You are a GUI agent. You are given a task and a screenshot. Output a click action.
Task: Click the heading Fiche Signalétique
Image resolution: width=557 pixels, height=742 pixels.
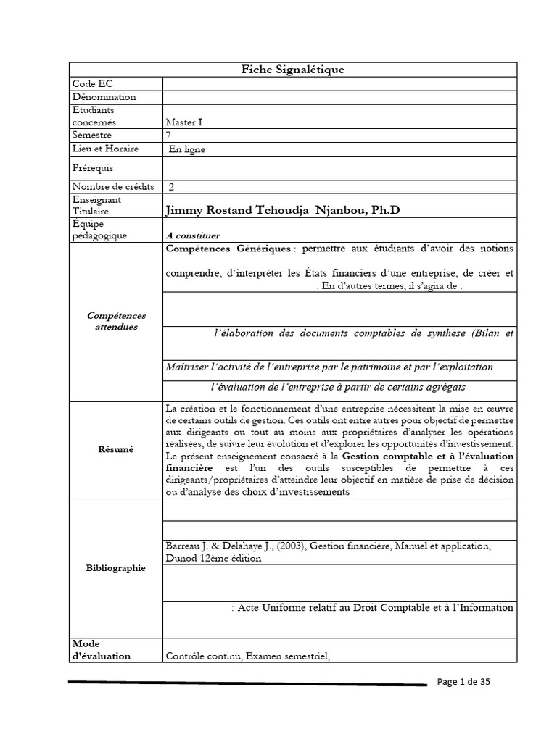[292, 70]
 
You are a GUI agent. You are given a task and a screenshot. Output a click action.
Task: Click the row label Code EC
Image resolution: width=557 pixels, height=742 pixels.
[89, 84]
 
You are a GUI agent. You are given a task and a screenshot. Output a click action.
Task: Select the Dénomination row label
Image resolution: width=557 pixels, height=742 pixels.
[104, 97]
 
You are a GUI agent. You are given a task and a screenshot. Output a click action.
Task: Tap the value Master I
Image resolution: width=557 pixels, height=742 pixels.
[185, 122]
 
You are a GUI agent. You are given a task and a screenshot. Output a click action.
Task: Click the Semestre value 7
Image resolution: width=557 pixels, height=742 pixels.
[170, 136]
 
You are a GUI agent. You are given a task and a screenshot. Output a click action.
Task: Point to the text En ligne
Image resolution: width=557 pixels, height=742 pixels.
[188, 149]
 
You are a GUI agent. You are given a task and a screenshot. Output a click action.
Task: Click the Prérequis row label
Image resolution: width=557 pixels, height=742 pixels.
[94, 167]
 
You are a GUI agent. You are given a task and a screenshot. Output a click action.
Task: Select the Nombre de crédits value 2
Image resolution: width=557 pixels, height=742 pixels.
[171, 187]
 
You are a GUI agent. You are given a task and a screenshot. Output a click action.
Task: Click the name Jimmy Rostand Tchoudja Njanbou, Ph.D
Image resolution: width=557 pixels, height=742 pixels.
[283, 210]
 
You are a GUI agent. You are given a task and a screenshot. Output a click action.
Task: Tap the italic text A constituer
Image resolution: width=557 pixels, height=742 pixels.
[192, 235]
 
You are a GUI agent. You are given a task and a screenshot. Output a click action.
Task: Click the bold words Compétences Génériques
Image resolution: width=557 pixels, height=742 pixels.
[228, 249]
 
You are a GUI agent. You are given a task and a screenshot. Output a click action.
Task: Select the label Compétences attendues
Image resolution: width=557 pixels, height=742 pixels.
[116, 321]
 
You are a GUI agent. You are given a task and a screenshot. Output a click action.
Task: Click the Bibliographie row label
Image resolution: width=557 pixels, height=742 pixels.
[116, 568]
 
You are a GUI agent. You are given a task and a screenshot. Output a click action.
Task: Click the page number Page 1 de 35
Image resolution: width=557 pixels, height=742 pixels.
[465, 682]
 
